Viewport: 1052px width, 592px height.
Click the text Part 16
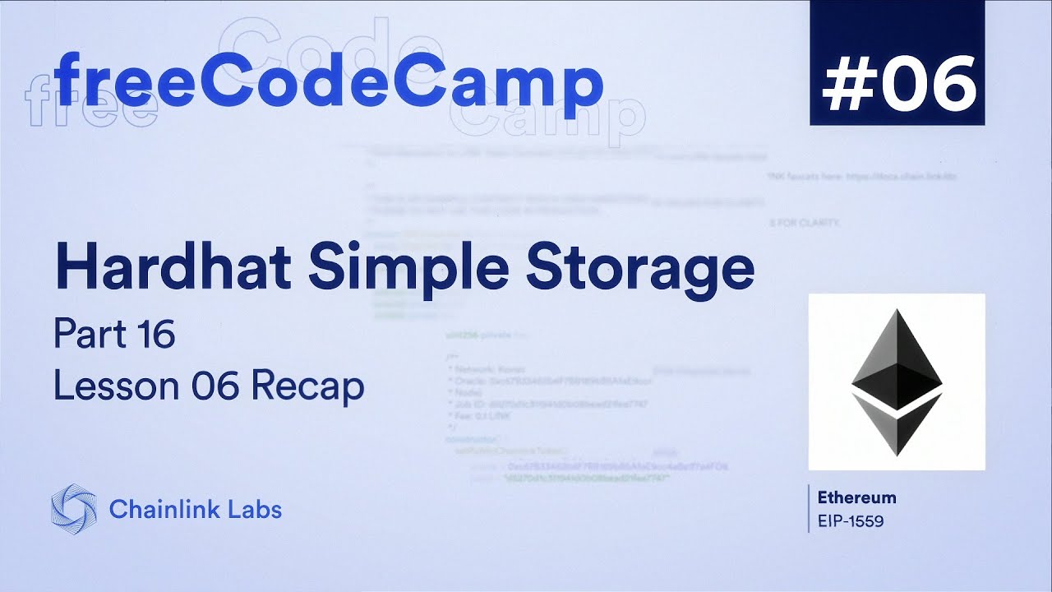114,335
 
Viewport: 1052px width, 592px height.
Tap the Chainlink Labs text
195,509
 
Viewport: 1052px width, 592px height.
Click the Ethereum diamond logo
897,382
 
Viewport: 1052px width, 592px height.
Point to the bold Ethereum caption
856,497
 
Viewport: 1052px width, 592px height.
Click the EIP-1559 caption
850,520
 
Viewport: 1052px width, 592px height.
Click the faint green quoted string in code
588,478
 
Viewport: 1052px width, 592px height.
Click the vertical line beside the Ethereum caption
810,508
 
